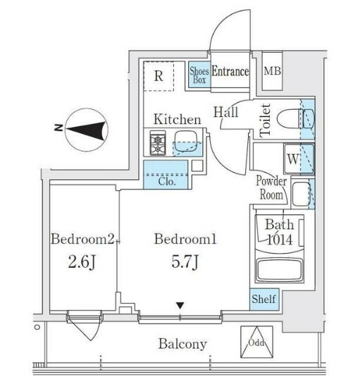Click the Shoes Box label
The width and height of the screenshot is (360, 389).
[199, 75]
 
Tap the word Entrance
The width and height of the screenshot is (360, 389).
[230, 71]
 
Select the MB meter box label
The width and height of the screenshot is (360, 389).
[272, 71]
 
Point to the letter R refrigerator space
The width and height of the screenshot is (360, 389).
[159, 75]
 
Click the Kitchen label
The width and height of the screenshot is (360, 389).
[178, 120]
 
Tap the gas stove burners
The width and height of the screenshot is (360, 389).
[157, 143]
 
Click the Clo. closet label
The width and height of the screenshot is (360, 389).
[167, 182]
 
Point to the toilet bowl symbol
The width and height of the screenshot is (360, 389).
[295, 119]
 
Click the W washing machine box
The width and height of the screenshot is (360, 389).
[292, 159]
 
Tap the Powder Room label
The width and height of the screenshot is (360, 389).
[271, 187]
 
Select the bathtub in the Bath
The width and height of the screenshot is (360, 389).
[280, 270]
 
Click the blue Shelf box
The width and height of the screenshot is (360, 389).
[264, 299]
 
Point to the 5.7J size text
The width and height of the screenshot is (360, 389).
[185, 262]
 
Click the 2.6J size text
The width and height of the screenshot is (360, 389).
[82, 262]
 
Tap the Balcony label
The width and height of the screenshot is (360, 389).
[182, 344]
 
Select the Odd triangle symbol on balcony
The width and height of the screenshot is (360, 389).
[256, 342]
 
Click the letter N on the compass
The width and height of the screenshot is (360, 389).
[58, 128]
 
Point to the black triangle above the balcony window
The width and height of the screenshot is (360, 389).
[180, 305]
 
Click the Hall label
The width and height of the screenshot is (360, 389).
[226, 112]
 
